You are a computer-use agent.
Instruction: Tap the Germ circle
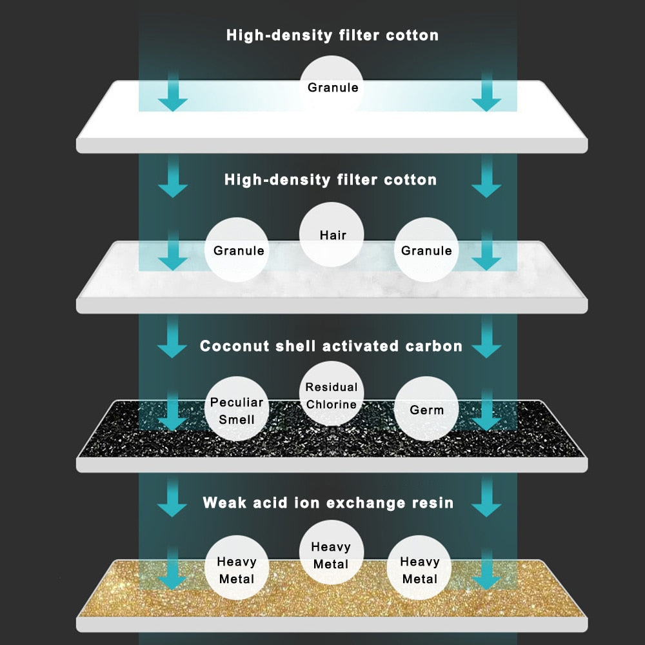(426, 409)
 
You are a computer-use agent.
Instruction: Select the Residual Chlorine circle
(332, 395)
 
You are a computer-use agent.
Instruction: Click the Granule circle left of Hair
(237, 250)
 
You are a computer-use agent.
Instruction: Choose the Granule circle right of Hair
(426, 250)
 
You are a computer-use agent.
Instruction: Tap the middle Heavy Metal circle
(332, 555)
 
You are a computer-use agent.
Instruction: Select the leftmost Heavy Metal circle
(237, 570)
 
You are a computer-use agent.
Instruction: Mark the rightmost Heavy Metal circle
(420, 570)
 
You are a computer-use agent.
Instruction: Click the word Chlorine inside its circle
(332, 404)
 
